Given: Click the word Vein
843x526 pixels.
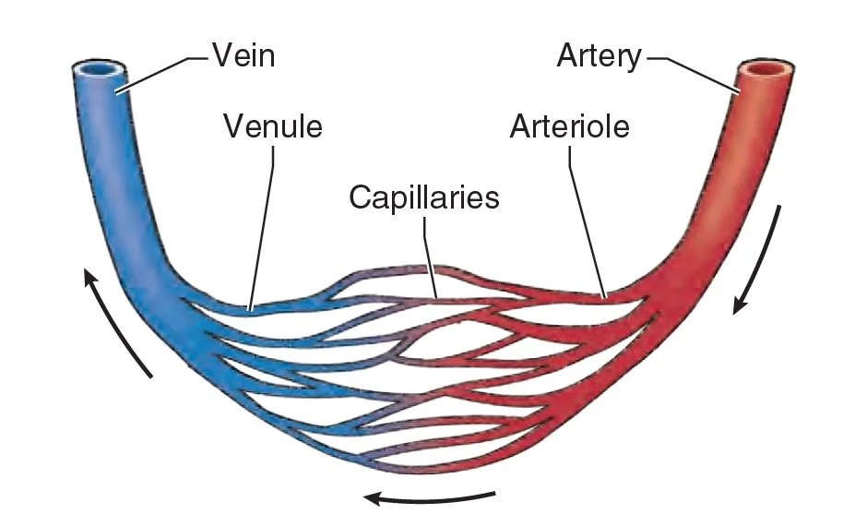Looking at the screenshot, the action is tap(243, 54).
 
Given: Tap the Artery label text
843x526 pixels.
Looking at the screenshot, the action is tap(599, 56).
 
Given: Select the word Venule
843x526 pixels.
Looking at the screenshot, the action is tap(273, 126).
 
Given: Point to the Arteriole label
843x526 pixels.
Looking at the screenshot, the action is tap(570, 126).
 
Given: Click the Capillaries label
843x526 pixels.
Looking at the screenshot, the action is tap(424, 197).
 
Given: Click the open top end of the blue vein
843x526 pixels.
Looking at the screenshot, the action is tap(99, 70).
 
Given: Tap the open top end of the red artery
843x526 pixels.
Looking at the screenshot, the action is tap(766, 69).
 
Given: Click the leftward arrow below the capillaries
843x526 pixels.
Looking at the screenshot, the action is tap(430, 498).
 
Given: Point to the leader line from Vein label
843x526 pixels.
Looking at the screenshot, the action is tap(161, 74).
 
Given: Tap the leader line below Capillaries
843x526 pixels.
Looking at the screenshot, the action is tap(429, 257).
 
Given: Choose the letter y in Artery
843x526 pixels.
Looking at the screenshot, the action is tap(634, 60).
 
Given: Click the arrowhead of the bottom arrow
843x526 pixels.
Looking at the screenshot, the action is tap(374, 498).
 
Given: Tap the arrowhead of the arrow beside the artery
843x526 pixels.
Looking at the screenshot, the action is tap(739, 305).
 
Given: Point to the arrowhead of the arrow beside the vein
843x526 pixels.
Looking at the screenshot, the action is tap(90, 279).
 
